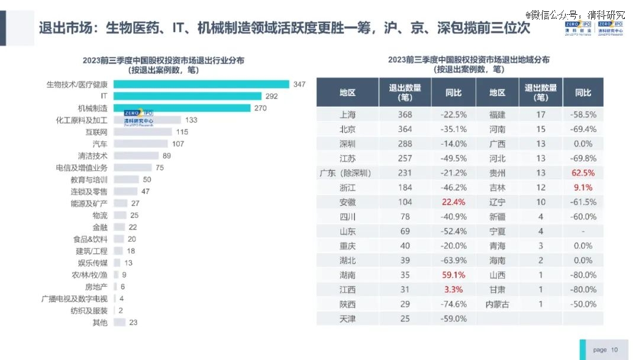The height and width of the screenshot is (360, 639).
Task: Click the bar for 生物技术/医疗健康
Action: point(201,84)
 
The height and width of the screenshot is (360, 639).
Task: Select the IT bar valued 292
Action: point(187,96)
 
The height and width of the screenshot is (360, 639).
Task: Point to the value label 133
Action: point(191,120)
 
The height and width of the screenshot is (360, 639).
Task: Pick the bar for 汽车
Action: point(140,144)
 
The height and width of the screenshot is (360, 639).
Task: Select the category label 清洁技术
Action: point(92,156)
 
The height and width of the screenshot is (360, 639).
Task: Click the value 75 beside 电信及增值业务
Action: point(160,168)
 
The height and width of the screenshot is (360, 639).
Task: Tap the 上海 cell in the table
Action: point(347,115)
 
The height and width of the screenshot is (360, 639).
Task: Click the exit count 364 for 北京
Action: point(405,129)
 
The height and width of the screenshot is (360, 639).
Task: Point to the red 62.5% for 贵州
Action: point(583,173)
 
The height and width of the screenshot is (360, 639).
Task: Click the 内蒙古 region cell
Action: point(497,304)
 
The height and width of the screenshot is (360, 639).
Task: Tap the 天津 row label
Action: point(347,319)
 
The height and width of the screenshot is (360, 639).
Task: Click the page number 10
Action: point(615,350)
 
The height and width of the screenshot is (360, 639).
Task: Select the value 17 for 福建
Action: point(541,115)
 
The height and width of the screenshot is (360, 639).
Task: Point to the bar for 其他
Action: point(120,323)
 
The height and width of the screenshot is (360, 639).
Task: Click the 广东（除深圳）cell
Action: point(346,173)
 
